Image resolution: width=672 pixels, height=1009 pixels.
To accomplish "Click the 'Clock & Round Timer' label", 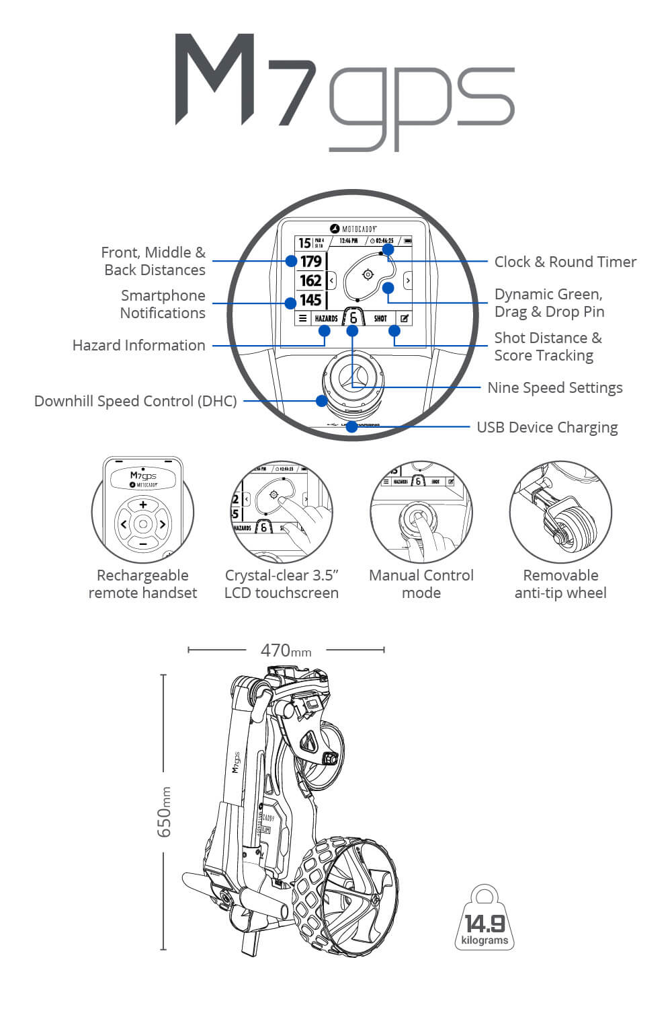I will [565, 262].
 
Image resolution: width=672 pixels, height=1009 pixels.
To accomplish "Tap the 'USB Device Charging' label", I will [547, 427].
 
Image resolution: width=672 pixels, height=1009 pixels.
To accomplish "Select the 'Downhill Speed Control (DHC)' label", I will [135, 401].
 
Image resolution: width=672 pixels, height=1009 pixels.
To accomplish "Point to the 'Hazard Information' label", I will [138, 345].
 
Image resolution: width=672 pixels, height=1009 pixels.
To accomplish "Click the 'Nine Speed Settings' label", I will [554, 387].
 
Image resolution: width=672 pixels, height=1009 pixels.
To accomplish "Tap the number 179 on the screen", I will [310, 262].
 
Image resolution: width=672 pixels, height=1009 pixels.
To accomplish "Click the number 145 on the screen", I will [310, 300].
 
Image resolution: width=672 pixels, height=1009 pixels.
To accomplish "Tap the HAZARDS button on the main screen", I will [326, 318].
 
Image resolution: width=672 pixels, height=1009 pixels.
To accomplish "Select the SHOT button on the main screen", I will [380, 318].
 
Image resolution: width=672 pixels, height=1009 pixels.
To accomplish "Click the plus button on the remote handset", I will [143, 504].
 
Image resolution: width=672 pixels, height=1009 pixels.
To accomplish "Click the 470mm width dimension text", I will [286, 650].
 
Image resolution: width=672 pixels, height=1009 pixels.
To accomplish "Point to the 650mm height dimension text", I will [165, 812].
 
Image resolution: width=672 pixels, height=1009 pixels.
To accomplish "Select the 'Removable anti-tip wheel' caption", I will [560, 584].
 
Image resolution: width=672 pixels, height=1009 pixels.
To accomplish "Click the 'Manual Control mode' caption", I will [421, 584].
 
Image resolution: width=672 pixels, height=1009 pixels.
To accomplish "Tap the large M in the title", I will [216, 80].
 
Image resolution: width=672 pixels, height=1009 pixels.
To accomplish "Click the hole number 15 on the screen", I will [304, 243].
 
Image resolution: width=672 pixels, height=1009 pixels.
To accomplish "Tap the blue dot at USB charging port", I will [351, 427].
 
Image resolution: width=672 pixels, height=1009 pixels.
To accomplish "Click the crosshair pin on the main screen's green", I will [368, 274].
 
